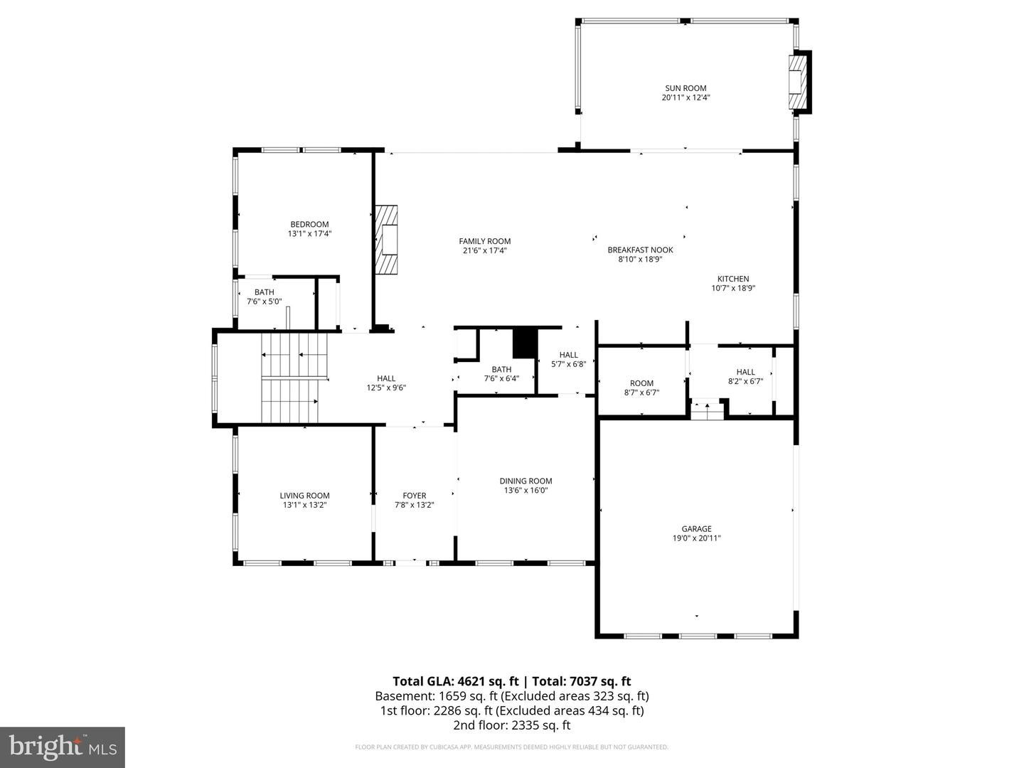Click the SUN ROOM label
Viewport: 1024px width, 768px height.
pyautogui.click(x=686, y=88)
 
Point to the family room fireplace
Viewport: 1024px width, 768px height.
pyautogui.click(x=387, y=240)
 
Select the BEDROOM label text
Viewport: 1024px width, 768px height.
pyautogui.click(x=309, y=224)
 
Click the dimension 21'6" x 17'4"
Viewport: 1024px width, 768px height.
pyautogui.click(x=485, y=250)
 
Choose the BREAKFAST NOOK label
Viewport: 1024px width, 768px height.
pyautogui.click(x=640, y=250)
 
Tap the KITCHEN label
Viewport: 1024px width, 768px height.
pyautogui.click(x=733, y=279)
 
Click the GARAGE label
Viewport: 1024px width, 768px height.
pyautogui.click(x=696, y=529)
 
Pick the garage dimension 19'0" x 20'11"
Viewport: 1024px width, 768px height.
pyautogui.click(x=696, y=538)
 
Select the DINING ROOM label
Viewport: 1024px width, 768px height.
pyautogui.click(x=526, y=481)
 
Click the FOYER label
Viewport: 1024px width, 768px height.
pyautogui.click(x=415, y=496)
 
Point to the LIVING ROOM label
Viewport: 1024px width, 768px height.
pyautogui.click(x=304, y=496)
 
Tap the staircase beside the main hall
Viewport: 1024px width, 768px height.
pyautogui.click(x=294, y=378)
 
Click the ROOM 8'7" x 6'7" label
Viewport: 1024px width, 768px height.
pyautogui.click(x=641, y=388)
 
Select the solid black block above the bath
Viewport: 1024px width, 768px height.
pyautogui.click(x=526, y=343)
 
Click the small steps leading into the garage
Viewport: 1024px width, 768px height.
pyautogui.click(x=707, y=410)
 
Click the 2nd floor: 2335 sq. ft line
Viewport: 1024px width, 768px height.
pyautogui.click(x=512, y=725)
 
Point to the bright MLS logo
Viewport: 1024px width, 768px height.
pyautogui.click(x=63, y=747)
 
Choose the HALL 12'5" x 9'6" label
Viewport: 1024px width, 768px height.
pyautogui.click(x=386, y=383)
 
